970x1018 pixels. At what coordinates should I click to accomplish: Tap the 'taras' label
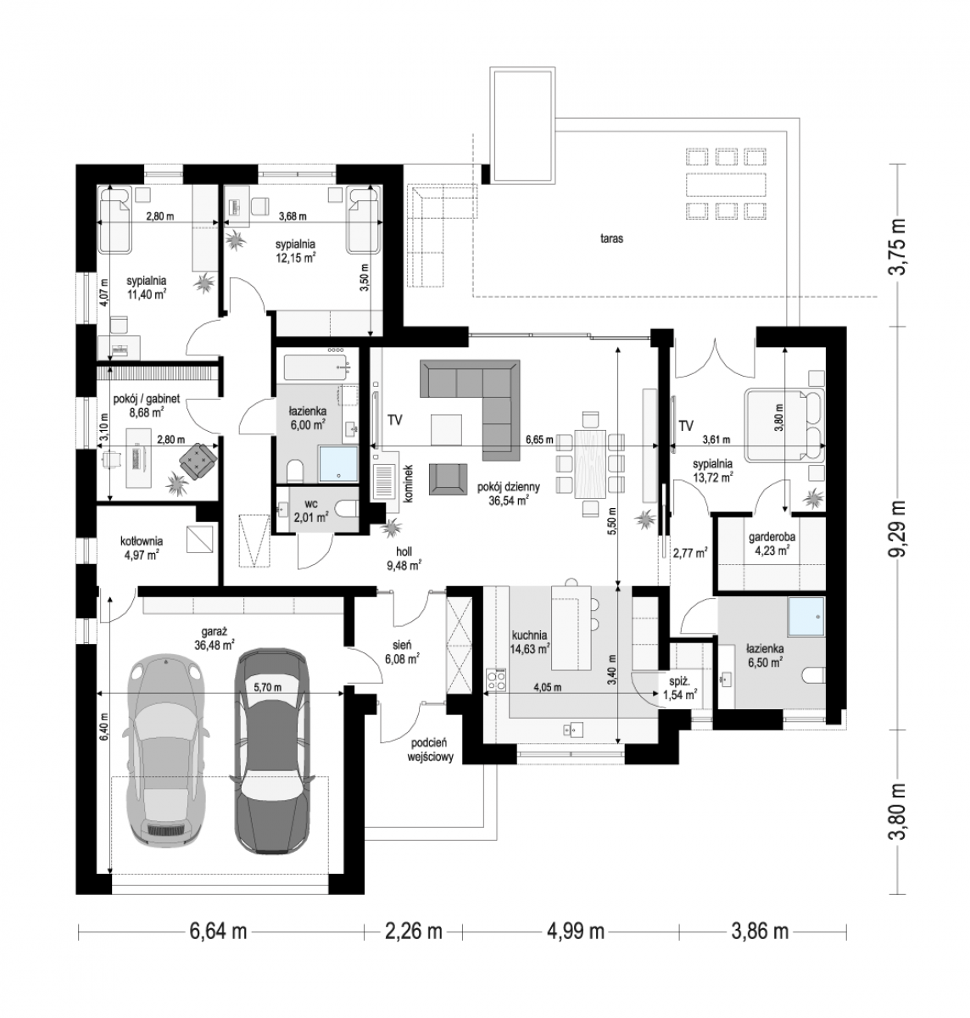(x=611, y=238)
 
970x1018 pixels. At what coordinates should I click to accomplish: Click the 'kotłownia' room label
(x=142, y=541)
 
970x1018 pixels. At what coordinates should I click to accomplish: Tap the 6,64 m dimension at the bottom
(x=217, y=931)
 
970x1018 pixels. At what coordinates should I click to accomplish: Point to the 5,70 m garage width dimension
(x=268, y=687)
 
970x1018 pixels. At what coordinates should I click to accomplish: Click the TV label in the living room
(x=395, y=421)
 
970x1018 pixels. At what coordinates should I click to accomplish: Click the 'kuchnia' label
(x=529, y=635)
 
